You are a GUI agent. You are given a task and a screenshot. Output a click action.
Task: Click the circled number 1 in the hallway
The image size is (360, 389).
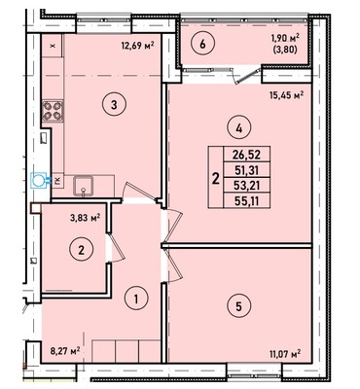[x=137, y=298]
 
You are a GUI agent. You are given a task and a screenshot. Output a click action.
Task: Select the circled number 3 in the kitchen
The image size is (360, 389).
[x=114, y=105]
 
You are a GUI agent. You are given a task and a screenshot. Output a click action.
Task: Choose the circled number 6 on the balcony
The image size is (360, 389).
[x=198, y=44]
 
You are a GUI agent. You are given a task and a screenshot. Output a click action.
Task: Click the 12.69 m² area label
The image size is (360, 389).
[x=136, y=44]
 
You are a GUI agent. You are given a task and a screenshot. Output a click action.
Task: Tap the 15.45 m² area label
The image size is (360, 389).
[x=285, y=95]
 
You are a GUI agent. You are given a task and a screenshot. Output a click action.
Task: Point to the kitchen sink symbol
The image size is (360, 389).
[x=85, y=183]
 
